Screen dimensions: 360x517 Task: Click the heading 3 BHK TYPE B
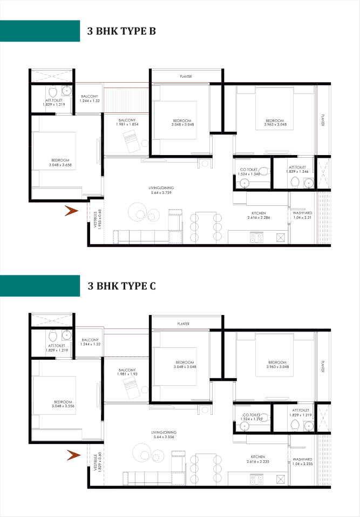coord(121,31)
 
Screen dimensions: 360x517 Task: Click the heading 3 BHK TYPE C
coord(121,286)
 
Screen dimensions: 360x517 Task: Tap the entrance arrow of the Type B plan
coord(71,211)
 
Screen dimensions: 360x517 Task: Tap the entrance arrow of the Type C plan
coord(74,455)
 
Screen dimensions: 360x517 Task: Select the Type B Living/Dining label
coord(161,188)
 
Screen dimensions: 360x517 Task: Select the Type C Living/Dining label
coord(164,432)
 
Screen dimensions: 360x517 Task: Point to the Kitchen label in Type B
coord(259,213)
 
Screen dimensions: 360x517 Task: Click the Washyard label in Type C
coord(302,459)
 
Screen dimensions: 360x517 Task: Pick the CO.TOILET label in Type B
coord(249,170)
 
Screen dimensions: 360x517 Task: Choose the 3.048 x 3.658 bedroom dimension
coord(60,165)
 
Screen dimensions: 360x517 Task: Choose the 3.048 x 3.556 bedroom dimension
coord(63,406)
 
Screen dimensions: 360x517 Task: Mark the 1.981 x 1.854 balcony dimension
coord(127,124)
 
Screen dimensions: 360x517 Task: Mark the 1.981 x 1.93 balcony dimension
coord(127,374)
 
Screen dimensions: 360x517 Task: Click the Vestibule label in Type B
coord(96,219)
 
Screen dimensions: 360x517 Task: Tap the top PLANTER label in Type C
coord(184,324)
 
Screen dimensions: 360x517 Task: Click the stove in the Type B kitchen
coord(256,238)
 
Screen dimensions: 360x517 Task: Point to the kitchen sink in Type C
coord(280,479)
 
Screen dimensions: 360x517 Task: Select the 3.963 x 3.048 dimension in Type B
coord(275,124)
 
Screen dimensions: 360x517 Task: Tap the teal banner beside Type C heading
coord(40,286)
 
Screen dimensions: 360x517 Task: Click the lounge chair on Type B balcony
coord(131,142)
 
